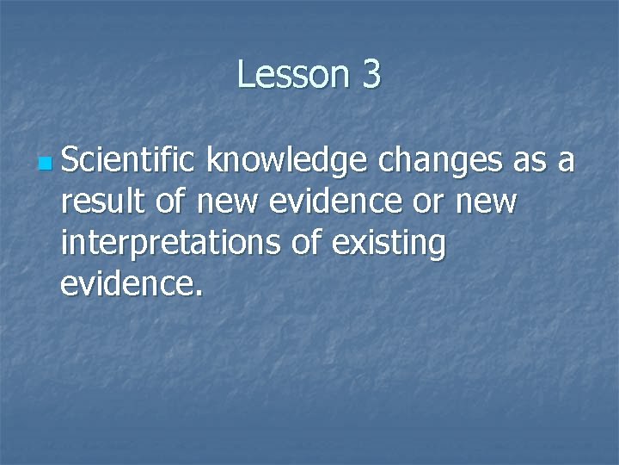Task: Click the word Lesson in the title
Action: click(288, 75)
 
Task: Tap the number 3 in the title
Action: click(371, 75)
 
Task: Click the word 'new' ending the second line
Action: click(485, 203)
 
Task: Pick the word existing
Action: click(389, 245)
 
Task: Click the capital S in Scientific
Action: click(70, 160)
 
